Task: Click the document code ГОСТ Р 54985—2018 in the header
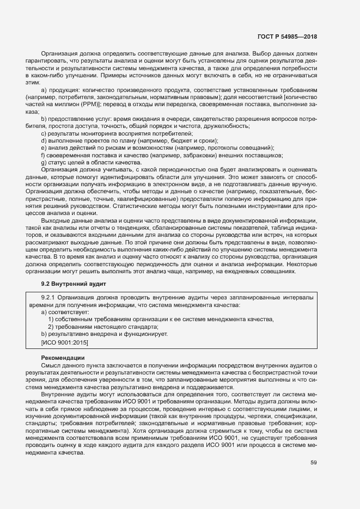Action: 286,36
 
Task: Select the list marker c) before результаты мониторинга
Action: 44,133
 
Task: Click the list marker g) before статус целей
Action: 44,162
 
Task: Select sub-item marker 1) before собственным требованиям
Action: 51,319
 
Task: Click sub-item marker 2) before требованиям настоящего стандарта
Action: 51,327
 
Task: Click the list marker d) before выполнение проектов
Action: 44,140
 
